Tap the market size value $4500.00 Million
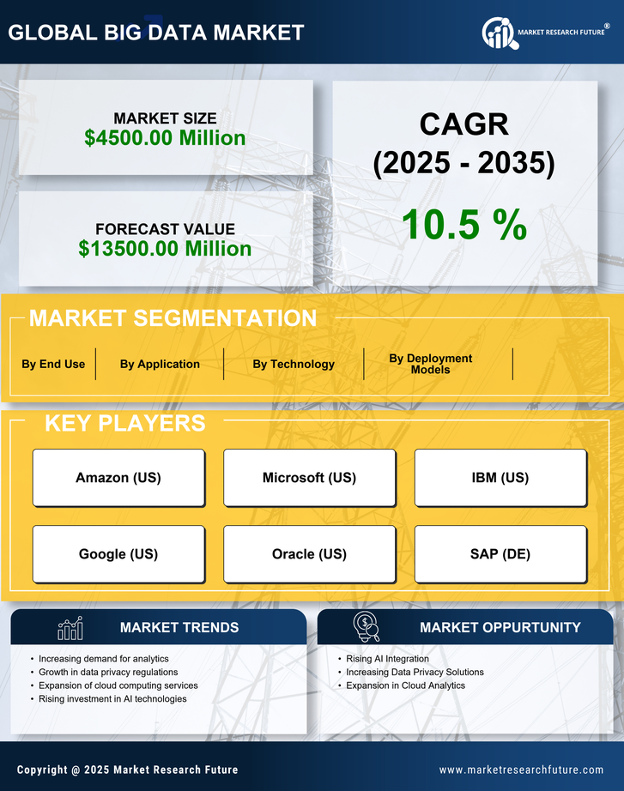point(165,138)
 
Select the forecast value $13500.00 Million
point(165,249)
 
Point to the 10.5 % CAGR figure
point(463,225)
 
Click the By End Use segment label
point(53,364)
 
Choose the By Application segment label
point(160,364)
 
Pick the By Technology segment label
point(294,364)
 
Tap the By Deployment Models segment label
point(430,364)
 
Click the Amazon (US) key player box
point(118,477)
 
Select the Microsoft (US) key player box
point(309,477)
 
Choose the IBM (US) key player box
point(500,477)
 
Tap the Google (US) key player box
point(118,554)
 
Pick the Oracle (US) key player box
point(309,554)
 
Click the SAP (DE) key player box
point(500,554)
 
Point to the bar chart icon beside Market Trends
point(70,628)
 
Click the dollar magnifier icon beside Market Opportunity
point(366,626)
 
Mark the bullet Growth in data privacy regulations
point(108,673)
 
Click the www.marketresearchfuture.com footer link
point(521,770)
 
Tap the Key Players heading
point(124,423)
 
